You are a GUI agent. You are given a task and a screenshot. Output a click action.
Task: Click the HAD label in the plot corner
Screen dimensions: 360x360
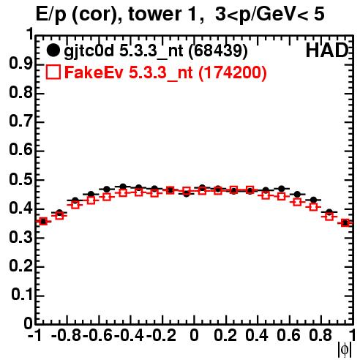(x=327, y=50)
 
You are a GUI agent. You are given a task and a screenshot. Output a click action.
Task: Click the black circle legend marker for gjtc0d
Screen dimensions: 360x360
(x=53, y=50)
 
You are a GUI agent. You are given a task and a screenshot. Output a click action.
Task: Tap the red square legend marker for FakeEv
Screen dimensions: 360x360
(x=53, y=72)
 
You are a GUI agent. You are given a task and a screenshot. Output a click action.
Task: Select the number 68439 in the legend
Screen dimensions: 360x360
(x=218, y=51)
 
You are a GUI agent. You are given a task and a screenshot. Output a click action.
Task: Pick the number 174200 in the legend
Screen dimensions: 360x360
(x=233, y=72)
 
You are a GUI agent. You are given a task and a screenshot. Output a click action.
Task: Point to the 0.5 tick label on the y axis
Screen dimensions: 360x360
(x=20, y=180)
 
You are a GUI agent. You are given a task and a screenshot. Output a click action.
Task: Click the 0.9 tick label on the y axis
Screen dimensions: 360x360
(x=20, y=64)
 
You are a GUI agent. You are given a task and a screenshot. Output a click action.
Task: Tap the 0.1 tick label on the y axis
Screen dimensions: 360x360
(x=22, y=295)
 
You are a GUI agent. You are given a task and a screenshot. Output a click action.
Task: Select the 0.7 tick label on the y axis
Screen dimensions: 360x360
(x=20, y=121)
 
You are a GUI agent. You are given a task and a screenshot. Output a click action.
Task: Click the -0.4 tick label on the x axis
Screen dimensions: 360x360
(x=130, y=336)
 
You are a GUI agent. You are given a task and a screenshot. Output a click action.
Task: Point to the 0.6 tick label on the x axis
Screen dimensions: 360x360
(x=288, y=336)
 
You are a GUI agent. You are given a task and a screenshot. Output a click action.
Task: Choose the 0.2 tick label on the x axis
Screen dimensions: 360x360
(x=225, y=336)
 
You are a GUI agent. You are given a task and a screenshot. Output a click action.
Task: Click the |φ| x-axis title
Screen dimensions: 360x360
(x=345, y=350)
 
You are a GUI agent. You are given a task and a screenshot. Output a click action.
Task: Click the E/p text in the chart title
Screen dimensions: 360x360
(x=51, y=15)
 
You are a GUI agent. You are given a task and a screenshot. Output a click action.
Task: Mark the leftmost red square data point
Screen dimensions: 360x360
(x=43, y=222)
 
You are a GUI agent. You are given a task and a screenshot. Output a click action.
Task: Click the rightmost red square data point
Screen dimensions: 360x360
(x=345, y=222)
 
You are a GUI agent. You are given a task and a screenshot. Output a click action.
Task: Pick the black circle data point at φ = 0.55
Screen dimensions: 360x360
(x=282, y=189)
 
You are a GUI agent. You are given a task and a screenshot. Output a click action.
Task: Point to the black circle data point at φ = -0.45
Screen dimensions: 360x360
(x=123, y=187)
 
